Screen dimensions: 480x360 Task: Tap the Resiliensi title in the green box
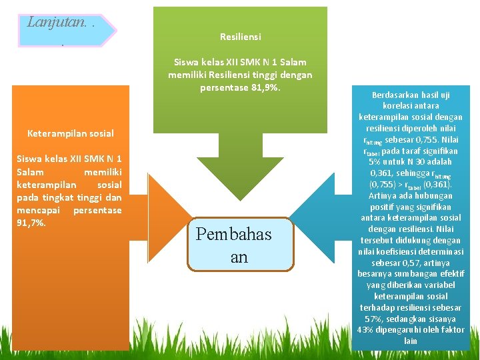click(240, 37)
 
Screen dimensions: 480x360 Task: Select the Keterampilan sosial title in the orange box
click(70, 133)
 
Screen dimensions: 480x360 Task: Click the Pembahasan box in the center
click(241, 245)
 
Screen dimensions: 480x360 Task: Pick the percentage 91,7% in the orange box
click(31, 223)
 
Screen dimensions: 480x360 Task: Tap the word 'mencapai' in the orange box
click(34, 210)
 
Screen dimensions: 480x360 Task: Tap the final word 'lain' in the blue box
click(411, 341)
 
